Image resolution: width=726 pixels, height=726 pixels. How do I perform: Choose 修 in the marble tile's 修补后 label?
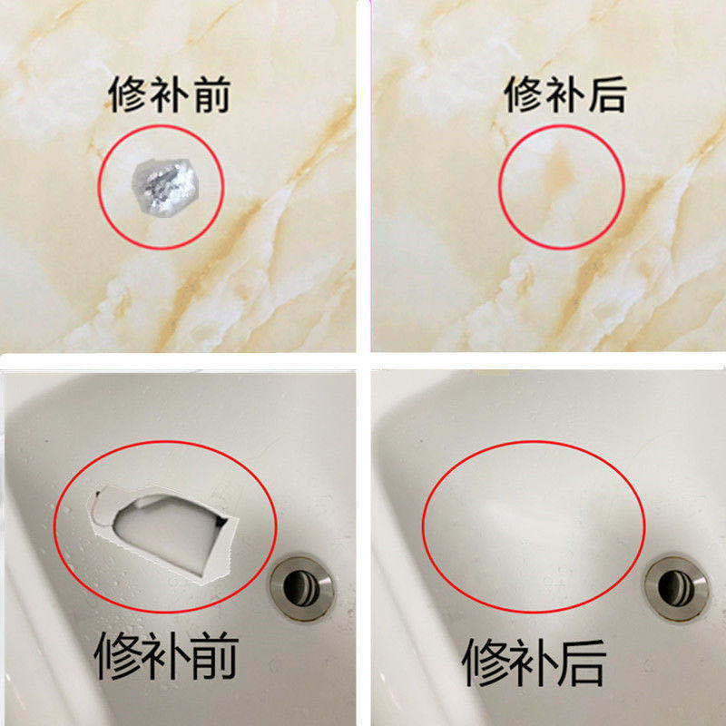pos(524,94)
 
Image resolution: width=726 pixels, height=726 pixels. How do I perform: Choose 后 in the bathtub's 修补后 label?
pos(581,662)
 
